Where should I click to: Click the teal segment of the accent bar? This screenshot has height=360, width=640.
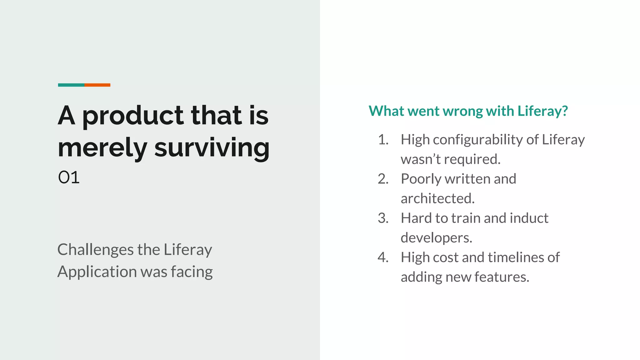tap(71, 85)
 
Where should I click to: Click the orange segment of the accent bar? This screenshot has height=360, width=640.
tap(97, 85)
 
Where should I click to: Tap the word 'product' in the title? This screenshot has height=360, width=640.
tap(133, 117)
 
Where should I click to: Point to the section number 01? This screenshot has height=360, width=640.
tap(69, 177)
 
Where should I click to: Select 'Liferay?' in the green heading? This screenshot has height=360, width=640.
tap(542, 111)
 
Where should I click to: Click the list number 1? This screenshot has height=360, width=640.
tap(383, 140)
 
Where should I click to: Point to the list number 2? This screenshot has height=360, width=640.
tap(383, 179)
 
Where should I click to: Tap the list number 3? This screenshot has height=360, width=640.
tap(383, 218)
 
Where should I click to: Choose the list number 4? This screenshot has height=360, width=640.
tap(383, 257)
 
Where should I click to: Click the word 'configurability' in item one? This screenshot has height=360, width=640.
tap(478, 140)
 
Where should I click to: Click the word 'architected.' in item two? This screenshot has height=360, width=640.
tap(437, 198)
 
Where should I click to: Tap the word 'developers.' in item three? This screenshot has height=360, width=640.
tap(436, 238)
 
